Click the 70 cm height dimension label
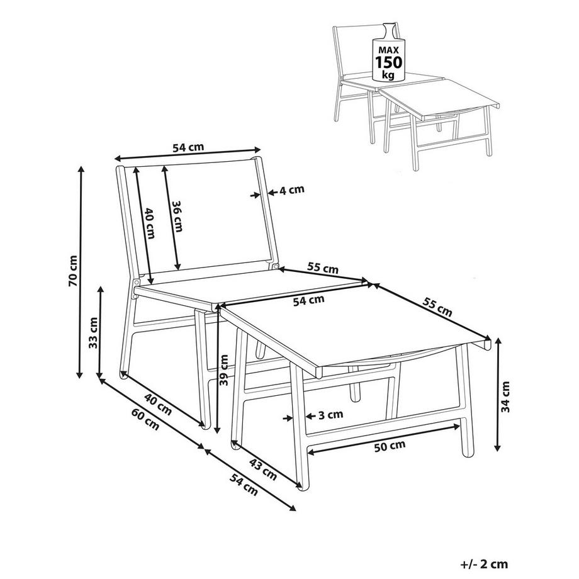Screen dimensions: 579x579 [74, 271]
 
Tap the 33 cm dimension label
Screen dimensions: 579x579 [93, 332]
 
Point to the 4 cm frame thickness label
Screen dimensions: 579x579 [292, 190]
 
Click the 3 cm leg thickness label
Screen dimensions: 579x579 [330, 415]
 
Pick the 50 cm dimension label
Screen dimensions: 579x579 [390, 446]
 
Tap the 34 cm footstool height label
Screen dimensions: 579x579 [505, 397]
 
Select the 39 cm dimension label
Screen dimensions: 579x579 [224, 369]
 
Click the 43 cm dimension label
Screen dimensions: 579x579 [263, 469]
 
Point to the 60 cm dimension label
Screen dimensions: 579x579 [145, 420]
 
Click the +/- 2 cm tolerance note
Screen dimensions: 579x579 [485, 565]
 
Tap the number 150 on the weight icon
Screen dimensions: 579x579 [388, 62]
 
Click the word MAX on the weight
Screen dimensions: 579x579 [389, 50]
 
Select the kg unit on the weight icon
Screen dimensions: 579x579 [388, 75]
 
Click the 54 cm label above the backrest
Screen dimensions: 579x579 [188, 147]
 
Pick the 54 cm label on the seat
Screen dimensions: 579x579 [309, 300]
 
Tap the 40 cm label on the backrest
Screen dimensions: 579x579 [149, 223]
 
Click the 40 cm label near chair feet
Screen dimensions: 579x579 [158, 404]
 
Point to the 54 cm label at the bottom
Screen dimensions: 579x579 [244, 484]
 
